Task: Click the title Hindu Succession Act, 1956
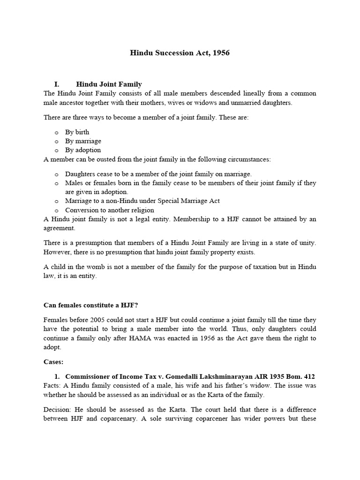(180, 53)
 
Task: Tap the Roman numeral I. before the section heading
(57, 84)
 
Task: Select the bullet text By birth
(77, 132)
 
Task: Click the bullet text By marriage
(83, 141)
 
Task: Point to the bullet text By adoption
(83, 150)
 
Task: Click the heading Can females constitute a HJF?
(91, 305)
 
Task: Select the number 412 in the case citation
(309, 376)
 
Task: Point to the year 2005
(97, 319)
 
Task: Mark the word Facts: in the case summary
(52, 386)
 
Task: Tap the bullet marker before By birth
(56, 133)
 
